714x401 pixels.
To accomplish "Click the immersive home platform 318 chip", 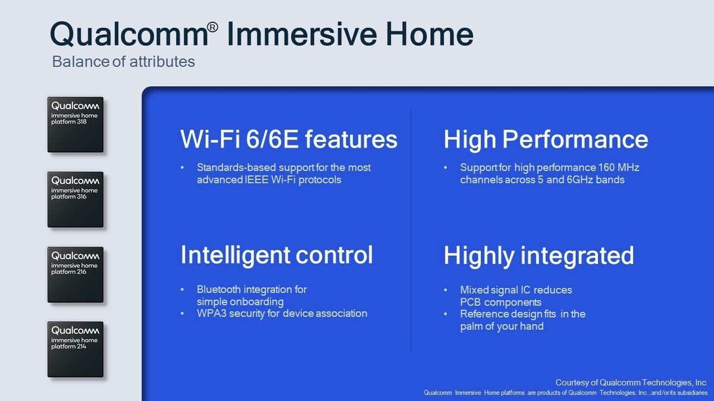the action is point(76,125).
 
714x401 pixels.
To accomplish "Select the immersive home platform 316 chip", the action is point(76,200).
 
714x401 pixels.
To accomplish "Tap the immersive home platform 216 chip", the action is point(76,274).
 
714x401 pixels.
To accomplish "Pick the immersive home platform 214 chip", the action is point(76,349).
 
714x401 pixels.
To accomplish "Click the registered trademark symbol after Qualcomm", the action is point(212,27).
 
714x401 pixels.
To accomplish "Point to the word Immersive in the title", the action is point(302,34).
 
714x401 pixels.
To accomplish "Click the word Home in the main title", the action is point(430,34).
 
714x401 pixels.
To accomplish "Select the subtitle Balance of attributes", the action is point(123,61).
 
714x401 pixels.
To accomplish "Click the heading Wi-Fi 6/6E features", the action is point(289,139).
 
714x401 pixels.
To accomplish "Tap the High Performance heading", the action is point(546,140).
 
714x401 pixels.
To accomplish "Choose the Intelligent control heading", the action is point(276,255).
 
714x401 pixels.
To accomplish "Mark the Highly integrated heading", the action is point(538,256).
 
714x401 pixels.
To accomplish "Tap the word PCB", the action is point(471,302).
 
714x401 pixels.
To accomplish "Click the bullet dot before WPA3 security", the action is point(182,314).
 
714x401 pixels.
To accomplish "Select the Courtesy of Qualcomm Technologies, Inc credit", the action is point(631,383).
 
